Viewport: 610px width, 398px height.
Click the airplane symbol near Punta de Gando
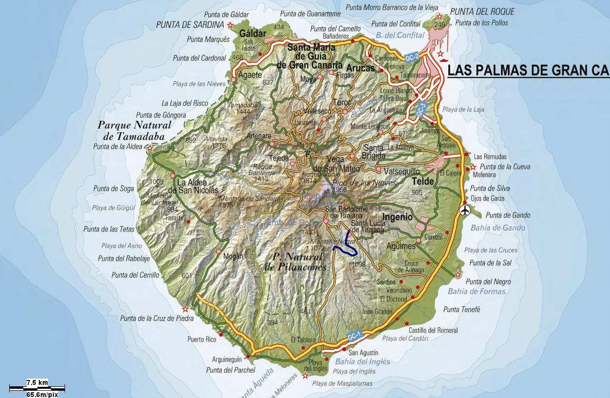(x=465, y=210)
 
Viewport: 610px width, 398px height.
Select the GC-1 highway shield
(x=354, y=336)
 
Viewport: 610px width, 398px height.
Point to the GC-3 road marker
(x=421, y=109)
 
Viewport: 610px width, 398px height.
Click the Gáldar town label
(x=253, y=33)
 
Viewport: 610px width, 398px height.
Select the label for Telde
(x=423, y=181)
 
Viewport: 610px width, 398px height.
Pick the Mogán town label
(x=233, y=257)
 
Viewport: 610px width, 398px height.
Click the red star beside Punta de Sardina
(x=230, y=25)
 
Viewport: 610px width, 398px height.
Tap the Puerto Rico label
(x=201, y=339)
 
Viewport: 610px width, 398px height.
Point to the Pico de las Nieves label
(x=364, y=182)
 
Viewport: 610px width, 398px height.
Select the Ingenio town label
(x=397, y=217)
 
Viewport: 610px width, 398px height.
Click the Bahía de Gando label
(x=497, y=228)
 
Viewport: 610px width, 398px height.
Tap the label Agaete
(x=250, y=75)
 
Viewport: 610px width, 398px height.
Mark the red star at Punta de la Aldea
(x=150, y=148)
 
